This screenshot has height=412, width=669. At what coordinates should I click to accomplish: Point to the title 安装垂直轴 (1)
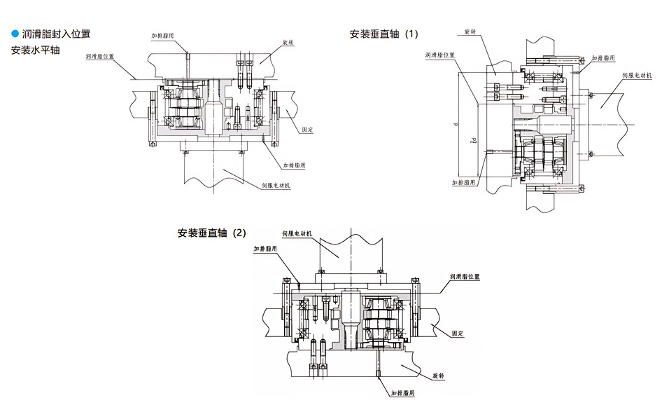[x=385, y=34]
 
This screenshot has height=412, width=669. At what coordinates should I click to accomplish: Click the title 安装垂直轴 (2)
[x=213, y=233]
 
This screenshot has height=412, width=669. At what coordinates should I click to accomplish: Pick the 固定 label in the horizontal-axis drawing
[x=306, y=130]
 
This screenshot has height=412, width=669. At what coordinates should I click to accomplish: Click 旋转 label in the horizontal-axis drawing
[x=288, y=43]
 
